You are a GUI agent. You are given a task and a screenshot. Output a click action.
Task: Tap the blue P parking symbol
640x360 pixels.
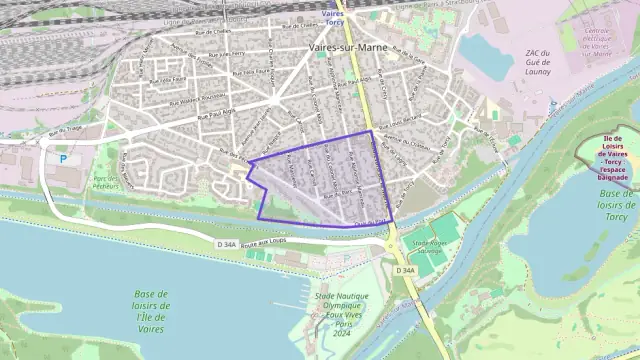(63, 158)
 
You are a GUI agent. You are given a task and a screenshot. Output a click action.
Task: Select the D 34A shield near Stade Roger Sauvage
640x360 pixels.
(405, 271)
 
